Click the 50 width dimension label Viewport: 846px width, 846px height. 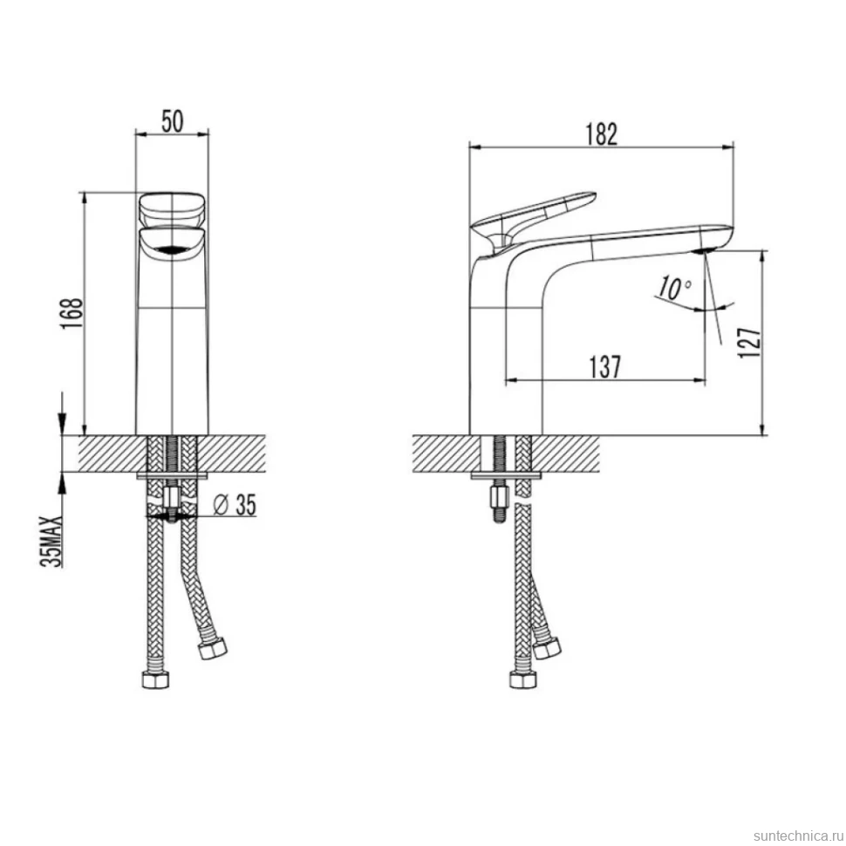[172, 121]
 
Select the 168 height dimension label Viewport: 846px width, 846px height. [72, 313]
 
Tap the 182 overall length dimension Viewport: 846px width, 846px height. [602, 135]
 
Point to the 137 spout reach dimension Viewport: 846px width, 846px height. [604, 367]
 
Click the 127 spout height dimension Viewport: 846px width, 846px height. [750, 342]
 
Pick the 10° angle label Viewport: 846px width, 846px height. [674, 288]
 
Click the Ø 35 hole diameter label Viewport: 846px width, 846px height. [235, 505]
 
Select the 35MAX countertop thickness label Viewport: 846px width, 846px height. [51, 542]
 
